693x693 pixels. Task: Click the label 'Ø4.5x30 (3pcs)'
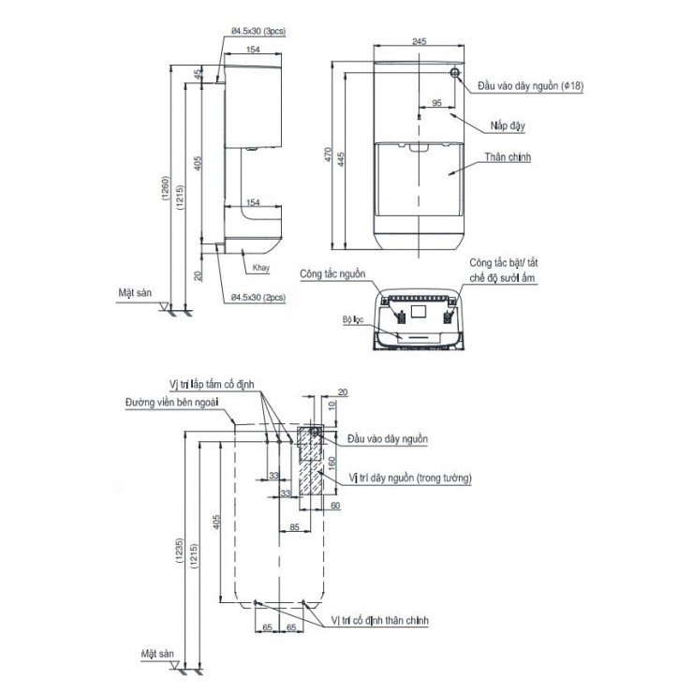[x=257, y=31]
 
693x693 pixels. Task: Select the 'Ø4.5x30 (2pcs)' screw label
[x=258, y=297]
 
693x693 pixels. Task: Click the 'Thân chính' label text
[x=509, y=158]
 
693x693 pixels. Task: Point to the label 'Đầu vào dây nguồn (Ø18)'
[x=530, y=85]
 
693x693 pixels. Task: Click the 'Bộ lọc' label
[x=352, y=318]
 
